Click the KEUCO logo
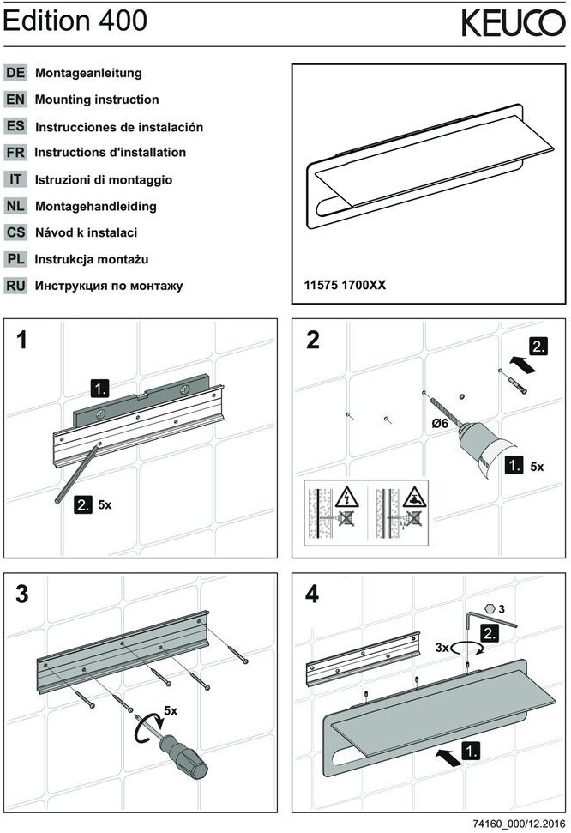pyautogui.click(x=513, y=23)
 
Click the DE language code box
pyautogui.click(x=15, y=73)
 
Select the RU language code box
pyautogui.click(x=15, y=286)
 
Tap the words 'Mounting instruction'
pyautogui.click(x=97, y=100)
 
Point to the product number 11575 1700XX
pyautogui.click(x=345, y=285)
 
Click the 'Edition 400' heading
pyautogui.click(x=75, y=21)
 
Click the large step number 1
pyautogui.click(x=21, y=340)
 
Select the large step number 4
pyautogui.click(x=312, y=594)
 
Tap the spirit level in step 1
pyautogui.click(x=140, y=398)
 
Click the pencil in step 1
pyautogui.click(x=77, y=472)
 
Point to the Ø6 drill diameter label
pyautogui.click(x=440, y=424)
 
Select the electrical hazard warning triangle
pyautogui.click(x=346, y=497)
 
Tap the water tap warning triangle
pyautogui.click(x=415, y=497)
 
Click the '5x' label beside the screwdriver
pyautogui.click(x=171, y=710)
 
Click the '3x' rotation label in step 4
pyautogui.click(x=442, y=648)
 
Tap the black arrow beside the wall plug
pyautogui.click(x=523, y=365)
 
